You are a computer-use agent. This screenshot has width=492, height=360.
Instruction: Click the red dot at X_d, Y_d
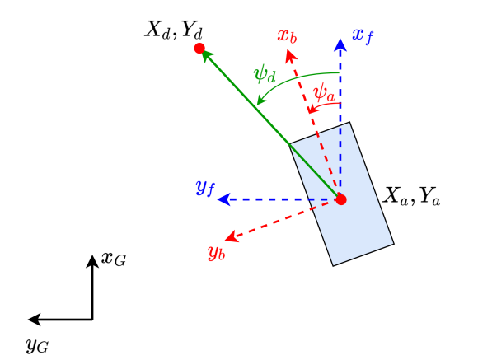[x=199, y=49]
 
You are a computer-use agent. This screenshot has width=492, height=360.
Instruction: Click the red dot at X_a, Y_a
[x=341, y=199]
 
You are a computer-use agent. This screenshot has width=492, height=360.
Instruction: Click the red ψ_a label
[x=325, y=91]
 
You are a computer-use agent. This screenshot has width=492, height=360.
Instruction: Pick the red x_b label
[x=287, y=38]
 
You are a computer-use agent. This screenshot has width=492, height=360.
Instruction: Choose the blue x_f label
[x=363, y=35]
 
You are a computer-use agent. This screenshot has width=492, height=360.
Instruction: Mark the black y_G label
[x=37, y=346]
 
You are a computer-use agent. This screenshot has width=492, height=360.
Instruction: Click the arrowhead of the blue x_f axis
[x=340, y=44]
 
